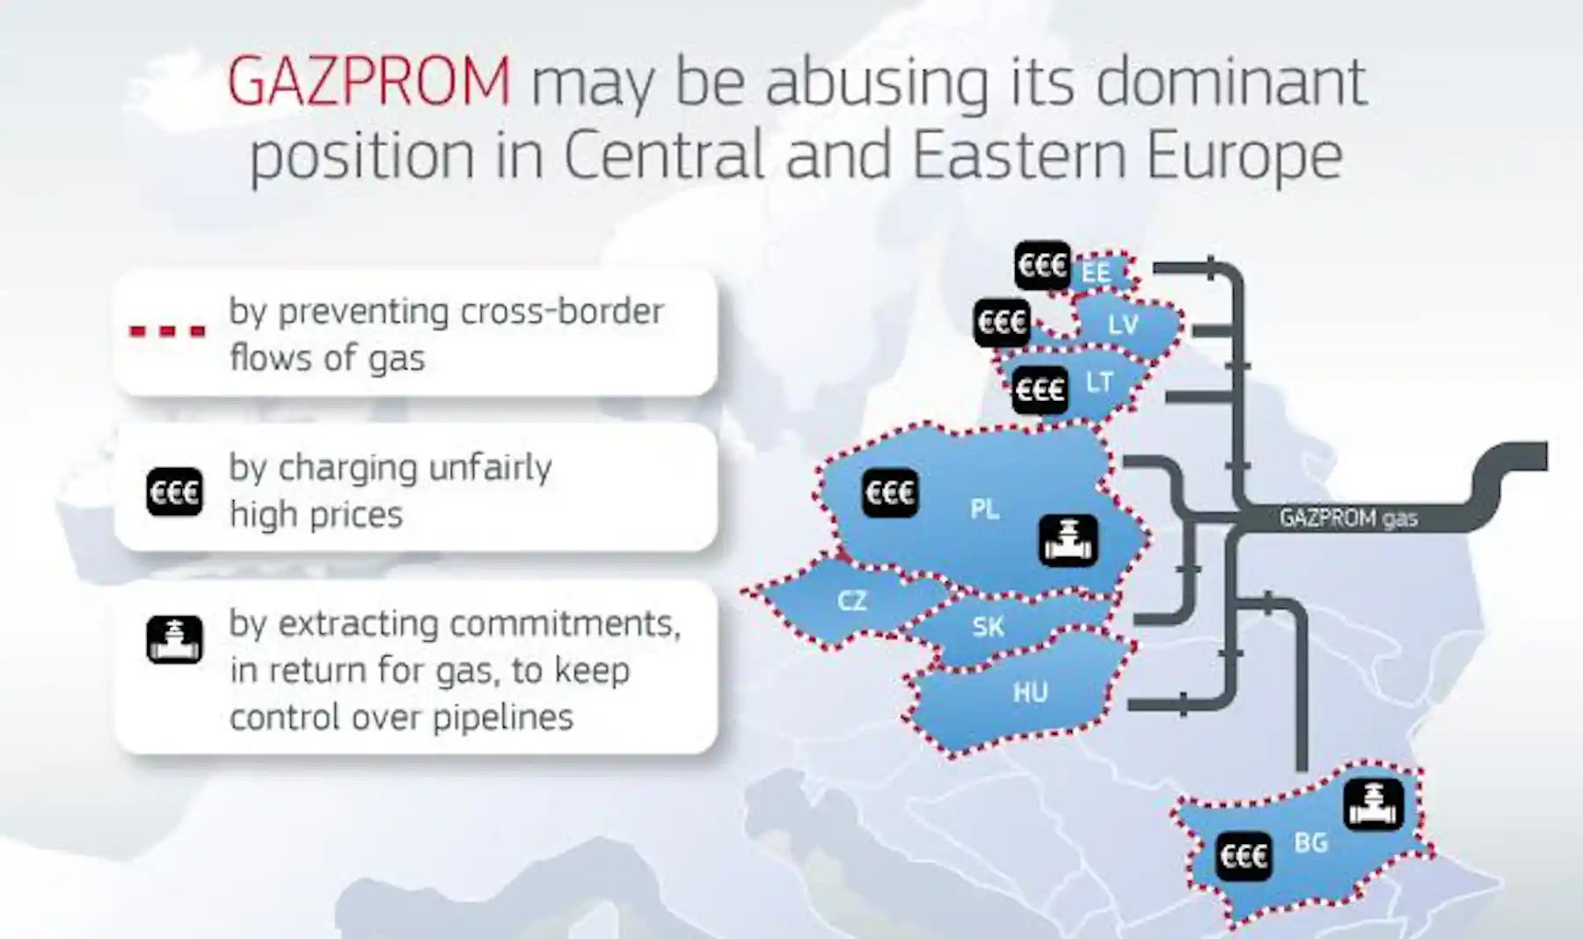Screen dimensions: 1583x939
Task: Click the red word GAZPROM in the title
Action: [x=369, y=81]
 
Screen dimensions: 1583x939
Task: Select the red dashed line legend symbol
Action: [x=167, y=331]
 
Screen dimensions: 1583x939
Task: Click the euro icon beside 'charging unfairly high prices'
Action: [x=174, y=491]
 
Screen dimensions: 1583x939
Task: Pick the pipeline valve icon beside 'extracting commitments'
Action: [x=174, y=639]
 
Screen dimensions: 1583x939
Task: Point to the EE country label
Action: [x=1096, y=273]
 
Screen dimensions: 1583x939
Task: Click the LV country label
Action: [x=1123, y=324]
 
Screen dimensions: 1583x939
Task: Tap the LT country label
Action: [x=1099, y=382]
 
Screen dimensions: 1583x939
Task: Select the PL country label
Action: [x=985, y=509]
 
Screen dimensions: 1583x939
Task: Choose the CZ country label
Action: [x=851, y=601]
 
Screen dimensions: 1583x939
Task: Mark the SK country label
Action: [x=988, y=627]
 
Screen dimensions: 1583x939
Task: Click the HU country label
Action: [x=1030, y=693]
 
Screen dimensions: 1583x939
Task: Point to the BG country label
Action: [x=1310, y=842]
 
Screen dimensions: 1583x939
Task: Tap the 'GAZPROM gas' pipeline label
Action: [x=1348, y=518]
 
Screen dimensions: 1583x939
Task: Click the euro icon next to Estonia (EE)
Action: [x=1043, y=265]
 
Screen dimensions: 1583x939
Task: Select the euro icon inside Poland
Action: [x=890, y=491]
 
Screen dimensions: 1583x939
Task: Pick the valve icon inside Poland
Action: [x=1069, y=540]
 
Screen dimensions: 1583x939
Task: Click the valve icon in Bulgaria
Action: [x=1374, y=804]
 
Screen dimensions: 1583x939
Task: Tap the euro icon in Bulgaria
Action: [x=1244, y=855]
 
